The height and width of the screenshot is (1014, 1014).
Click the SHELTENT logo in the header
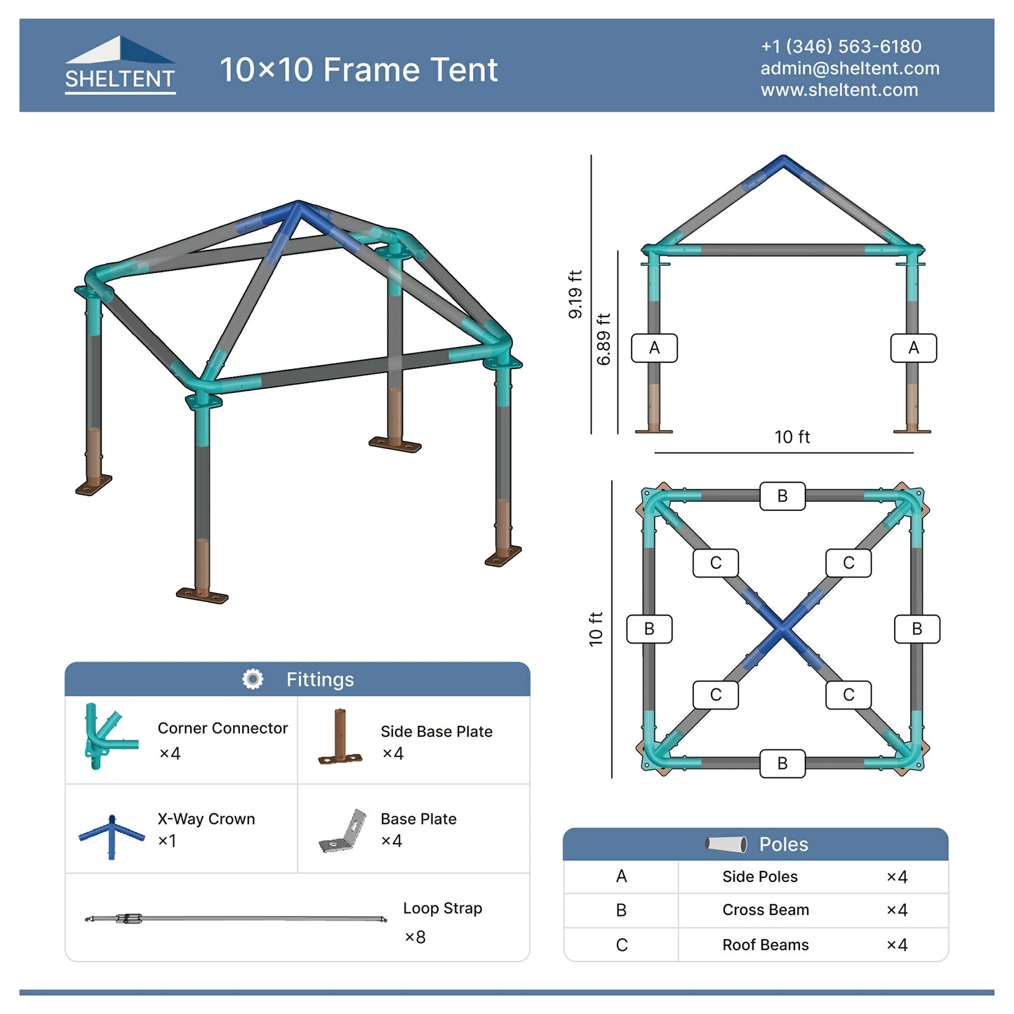coord(120,65)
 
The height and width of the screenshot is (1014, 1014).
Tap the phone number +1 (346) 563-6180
coord(841,46)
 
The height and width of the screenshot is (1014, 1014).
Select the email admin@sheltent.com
coord(849,68)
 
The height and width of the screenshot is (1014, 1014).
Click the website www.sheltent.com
coord(839,90)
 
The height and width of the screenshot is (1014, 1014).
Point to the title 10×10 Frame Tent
coord(359,69)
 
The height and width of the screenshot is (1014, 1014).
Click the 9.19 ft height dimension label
coord(575,294)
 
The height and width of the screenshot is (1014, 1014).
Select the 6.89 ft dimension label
coord(603,339)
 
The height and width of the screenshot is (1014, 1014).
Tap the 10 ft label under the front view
coord(792,436)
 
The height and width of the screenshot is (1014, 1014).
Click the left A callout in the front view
coord(654,348)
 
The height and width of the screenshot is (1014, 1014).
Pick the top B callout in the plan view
coord(782,495)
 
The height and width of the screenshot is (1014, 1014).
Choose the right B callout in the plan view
coord(916,628)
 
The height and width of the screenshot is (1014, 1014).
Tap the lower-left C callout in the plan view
coord(716,695)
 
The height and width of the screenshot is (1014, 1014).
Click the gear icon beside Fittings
coord(253,679)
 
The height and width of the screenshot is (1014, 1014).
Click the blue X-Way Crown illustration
coord(112,836)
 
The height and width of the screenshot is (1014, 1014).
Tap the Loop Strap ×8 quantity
coord(415,938)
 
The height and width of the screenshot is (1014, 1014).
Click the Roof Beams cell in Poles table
coord(765,945)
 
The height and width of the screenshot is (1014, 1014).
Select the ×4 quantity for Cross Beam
coord(897,910)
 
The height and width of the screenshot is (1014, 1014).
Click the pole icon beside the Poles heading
coord(726,844)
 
